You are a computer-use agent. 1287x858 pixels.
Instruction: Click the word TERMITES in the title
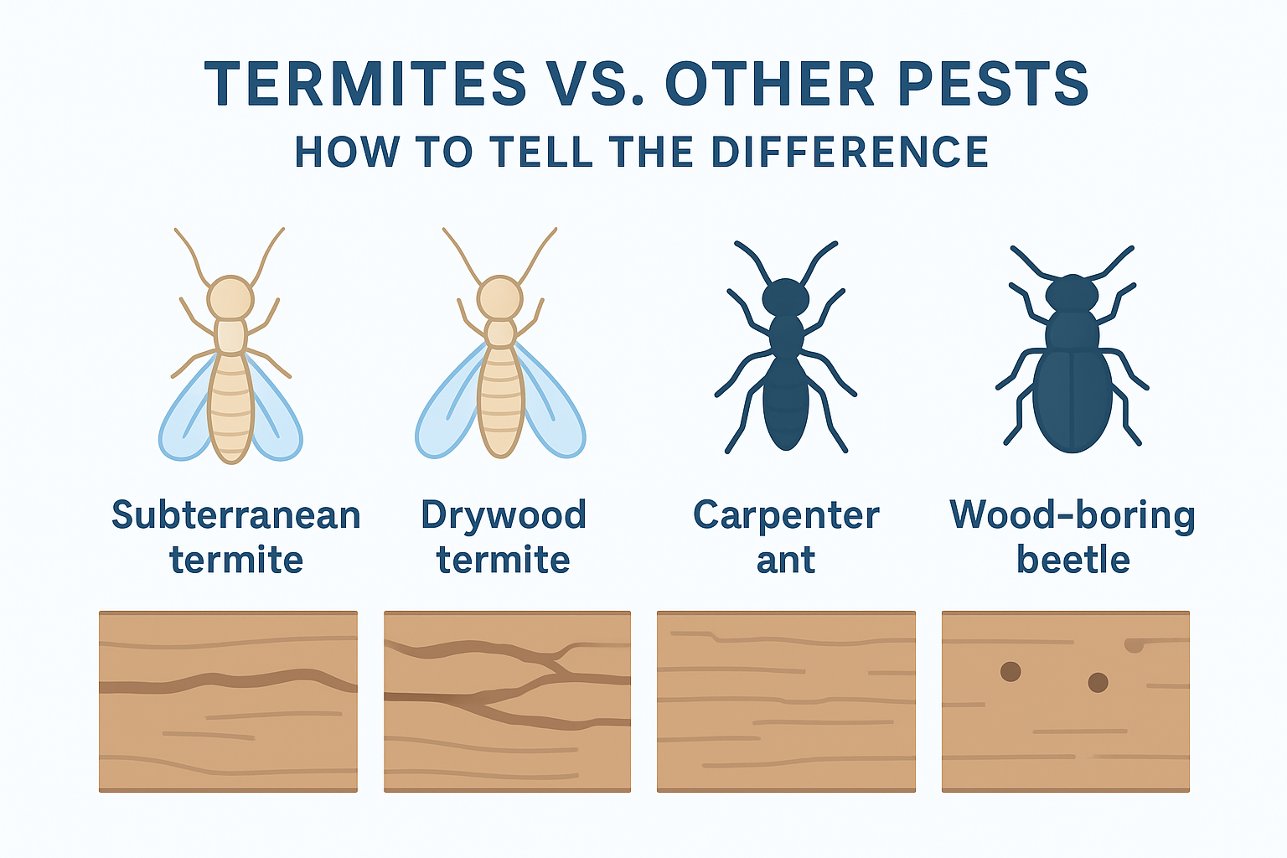pos(365,84)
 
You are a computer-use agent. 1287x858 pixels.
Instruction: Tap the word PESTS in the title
pos(993,84)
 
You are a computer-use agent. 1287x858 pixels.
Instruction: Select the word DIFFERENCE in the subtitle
pos(849,152)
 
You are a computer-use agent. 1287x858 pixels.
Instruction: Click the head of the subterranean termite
pos(230,297)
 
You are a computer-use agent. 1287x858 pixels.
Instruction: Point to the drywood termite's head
pos(500,298)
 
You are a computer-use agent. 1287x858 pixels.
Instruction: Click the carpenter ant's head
pos(785,297)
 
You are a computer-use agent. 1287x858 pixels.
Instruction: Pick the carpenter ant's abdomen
pos(785,403)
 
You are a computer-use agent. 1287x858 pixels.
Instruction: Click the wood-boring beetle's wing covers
pos(1072,401)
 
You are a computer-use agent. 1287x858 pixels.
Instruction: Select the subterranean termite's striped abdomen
pos(230,408)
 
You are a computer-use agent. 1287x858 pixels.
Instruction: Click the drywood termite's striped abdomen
pos(500,402)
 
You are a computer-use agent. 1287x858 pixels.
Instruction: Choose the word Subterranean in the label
pos(236,515)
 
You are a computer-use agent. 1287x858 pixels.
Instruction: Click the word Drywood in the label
pos(504,516)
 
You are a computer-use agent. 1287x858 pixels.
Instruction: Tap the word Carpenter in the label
pos(786,516)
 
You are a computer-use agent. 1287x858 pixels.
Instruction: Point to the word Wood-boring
pos(1072,516)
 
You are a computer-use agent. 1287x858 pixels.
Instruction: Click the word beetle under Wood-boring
pos(1073,560)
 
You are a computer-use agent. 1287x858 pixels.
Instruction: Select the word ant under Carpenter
pos(786,561)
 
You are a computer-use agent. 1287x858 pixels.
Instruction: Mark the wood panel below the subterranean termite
pos(228,701)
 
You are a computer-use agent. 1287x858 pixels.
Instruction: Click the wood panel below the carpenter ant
pos(786,701)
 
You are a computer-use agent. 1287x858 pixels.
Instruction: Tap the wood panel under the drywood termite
pos(507,701)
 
